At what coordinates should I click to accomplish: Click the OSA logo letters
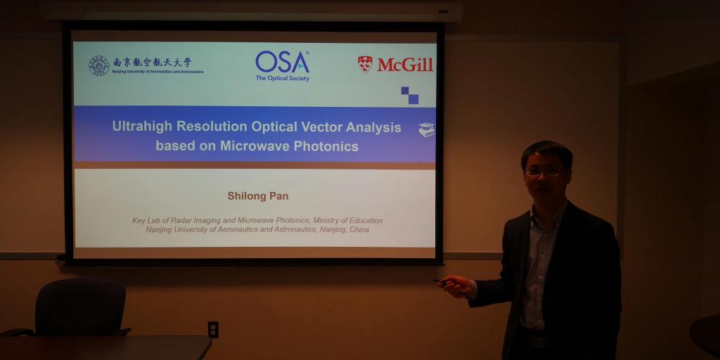[x=283, y=62]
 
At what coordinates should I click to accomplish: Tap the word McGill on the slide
[x=405, y=65]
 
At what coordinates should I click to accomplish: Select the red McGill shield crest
[x=365, y=65]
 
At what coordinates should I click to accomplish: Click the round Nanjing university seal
[x=99, y=65]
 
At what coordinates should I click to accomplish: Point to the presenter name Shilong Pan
[x=258, y=196]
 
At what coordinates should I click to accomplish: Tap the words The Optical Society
[x=283, y=78]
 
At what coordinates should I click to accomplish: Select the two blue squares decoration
[x=410, y=95]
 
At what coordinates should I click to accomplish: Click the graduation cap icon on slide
[x=427, y=129]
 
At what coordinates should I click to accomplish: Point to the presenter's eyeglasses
[x=544, y=172]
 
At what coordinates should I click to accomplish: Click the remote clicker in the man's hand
[x=439, y=281]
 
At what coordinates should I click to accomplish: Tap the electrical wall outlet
[x=213, y=329]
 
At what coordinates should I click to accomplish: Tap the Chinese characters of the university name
[x=152, y=63]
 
